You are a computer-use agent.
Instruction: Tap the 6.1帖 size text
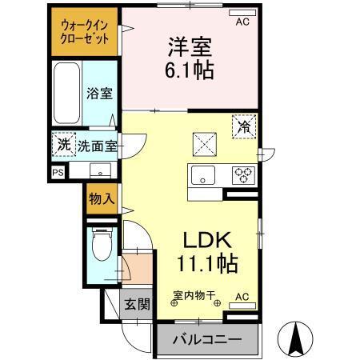pyautogui.click(x=190, y=70)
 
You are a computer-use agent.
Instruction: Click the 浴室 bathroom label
pyautogui.click(x=98, y=93)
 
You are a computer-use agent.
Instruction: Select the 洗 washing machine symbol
pyautogui.click(x=63, y=145)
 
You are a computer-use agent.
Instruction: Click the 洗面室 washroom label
pyautogui.click(x=98, y=146)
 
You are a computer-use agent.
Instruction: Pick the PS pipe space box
pyautogui.click(x=57, y=171)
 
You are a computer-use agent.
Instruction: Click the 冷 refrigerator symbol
pyautogui.click(x=243, y=126)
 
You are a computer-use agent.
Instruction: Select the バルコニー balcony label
pyautogui.click(x=208, y=340)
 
